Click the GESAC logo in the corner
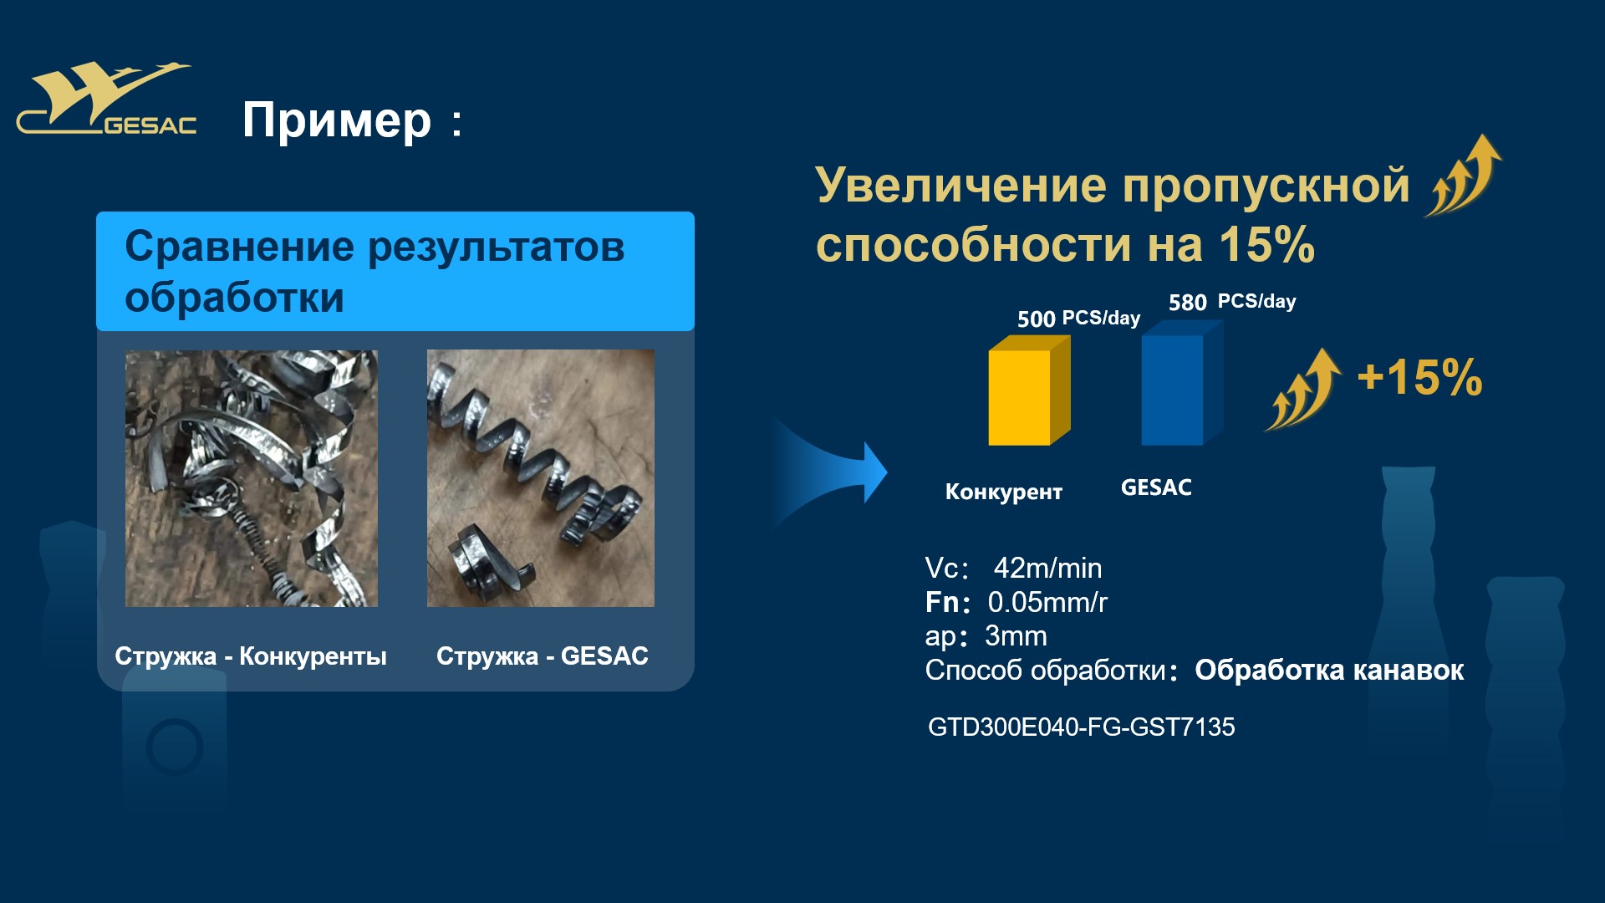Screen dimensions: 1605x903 click(107, 99)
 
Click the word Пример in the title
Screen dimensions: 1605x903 click(336, 121)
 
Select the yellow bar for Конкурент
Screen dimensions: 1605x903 click(1029, 390)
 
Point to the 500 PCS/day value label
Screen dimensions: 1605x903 click(1078, 319)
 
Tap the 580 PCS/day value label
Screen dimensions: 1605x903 click(1232, 302)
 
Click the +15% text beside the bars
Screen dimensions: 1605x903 click(1419, 377)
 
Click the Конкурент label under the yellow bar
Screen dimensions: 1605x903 click(1003, 492)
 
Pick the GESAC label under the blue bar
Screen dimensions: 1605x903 click(1156, 487)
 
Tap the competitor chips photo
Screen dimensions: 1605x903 click(252, 478)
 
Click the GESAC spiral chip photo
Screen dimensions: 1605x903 click(541, 478)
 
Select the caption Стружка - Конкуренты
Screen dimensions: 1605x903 click(251, 656)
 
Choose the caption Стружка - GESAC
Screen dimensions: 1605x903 click(543, 656)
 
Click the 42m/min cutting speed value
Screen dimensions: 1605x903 click(1047, 569)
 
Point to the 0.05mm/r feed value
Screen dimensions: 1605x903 click(1047, 602)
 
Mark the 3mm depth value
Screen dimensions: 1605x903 click(1016, 636)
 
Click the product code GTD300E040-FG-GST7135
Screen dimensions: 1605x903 click(1081, 727)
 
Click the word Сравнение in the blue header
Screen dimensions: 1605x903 click(239, 247)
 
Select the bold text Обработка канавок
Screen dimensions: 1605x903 click(1329, 671)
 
